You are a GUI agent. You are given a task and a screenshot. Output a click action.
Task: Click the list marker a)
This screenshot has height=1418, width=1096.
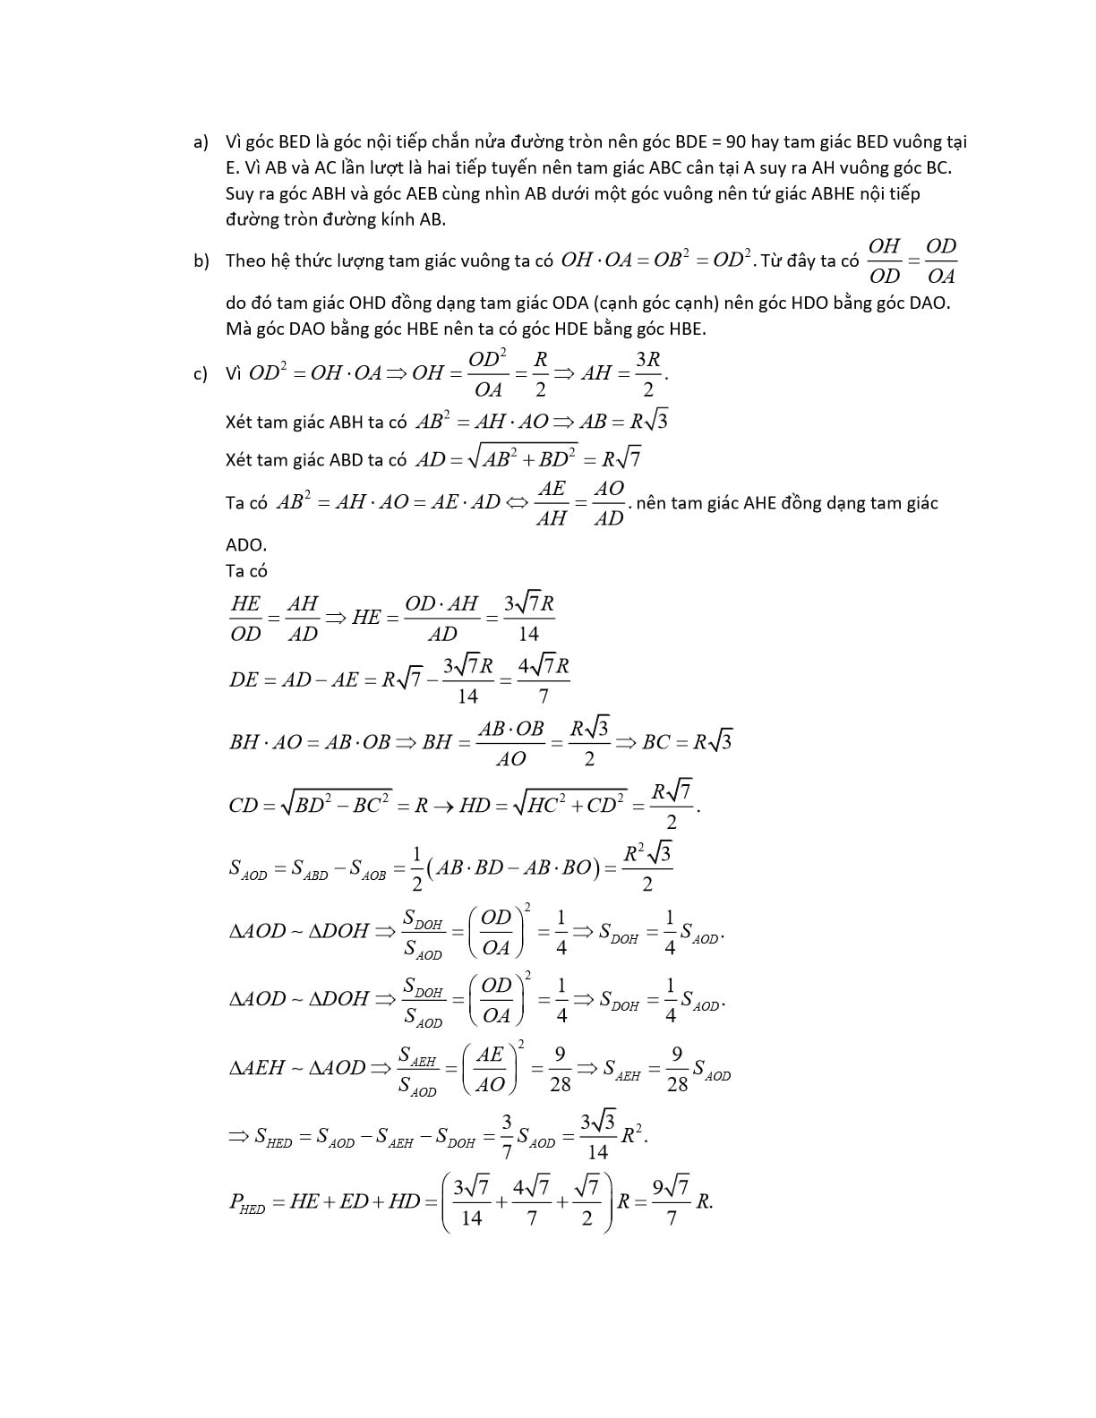201,142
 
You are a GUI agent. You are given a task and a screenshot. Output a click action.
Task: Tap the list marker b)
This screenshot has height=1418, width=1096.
201,261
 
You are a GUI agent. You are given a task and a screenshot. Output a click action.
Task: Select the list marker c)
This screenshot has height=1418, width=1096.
201,373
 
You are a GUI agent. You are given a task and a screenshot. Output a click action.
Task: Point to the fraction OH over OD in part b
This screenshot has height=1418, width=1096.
884,261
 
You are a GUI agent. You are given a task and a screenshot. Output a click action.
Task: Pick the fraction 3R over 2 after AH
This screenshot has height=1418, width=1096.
647,373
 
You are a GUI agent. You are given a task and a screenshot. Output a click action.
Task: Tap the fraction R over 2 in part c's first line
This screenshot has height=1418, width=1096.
540,373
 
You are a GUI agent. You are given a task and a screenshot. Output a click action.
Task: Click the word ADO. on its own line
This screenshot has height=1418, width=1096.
246,545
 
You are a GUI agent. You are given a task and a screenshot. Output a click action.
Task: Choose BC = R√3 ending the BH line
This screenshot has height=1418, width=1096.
687,742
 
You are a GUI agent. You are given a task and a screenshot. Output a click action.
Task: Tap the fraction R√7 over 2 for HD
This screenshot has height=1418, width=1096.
671,805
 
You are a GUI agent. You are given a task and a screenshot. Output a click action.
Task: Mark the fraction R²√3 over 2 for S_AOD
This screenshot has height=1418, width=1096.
647,867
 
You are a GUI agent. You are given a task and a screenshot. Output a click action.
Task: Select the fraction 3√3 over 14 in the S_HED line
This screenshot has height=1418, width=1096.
598,1136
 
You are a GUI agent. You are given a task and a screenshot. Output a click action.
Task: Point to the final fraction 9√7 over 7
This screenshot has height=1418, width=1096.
671,1202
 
